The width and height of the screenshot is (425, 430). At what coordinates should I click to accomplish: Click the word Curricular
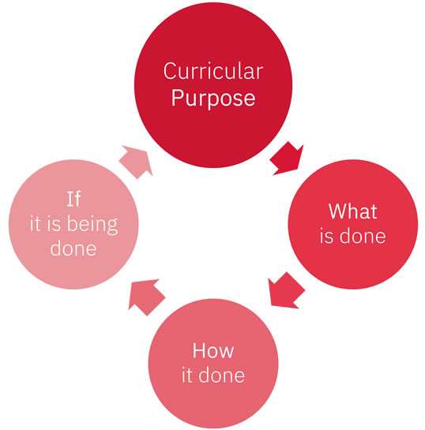pos(213,71)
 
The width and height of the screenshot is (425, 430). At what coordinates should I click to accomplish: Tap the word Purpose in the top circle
pos(213,99)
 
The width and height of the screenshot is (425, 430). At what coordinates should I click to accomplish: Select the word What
pos(353,211)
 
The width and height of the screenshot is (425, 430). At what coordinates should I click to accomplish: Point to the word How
pos(213,350)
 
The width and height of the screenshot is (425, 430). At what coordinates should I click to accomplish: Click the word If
pos(73,199)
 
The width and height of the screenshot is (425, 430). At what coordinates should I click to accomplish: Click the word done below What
pos(363,236)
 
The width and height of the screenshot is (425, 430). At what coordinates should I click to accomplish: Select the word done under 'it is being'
pos(73,249)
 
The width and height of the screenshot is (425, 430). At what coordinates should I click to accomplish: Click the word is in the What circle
pos(326,237)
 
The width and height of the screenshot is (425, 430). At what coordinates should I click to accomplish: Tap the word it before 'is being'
pos(35,224)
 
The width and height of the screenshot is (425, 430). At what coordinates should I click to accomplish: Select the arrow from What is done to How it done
pos(285,291)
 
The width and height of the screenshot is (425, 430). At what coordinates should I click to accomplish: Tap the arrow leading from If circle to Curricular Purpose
pos(137,161)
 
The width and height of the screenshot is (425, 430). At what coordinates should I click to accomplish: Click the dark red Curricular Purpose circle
pos(213,85)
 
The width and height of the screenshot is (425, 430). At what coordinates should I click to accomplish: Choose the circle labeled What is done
pos(353,224)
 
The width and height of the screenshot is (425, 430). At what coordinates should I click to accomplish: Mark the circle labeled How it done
pos(213,364)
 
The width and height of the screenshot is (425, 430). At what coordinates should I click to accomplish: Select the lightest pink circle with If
pos(73,224)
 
